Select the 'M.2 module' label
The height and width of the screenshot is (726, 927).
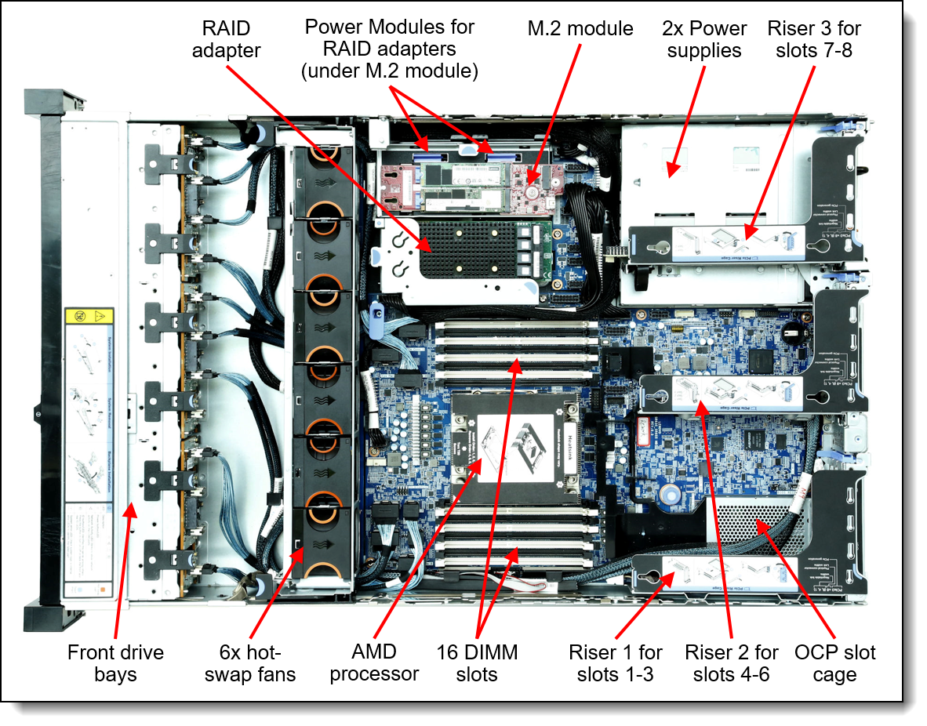point(580,29)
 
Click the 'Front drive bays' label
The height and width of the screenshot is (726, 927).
point(115,662)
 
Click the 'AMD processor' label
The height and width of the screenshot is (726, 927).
point(374,662)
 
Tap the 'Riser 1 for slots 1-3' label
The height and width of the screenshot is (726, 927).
point(615,662)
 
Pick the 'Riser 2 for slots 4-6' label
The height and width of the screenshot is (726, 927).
point(732,662)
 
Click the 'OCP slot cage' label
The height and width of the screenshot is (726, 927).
point(834,662)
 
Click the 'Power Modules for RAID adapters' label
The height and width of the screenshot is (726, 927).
point(389,49)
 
